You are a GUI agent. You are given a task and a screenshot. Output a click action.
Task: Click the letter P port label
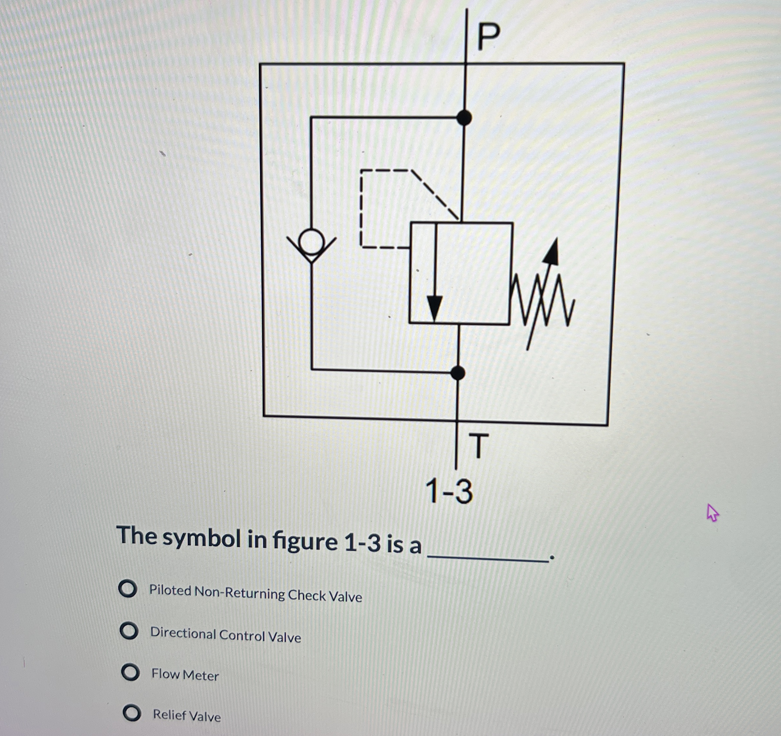[489, 36]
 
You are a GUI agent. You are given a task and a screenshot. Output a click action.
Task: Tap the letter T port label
[479, 446]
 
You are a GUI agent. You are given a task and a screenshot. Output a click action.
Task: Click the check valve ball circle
[311, 242]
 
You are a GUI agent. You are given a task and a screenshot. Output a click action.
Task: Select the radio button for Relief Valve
[132, 713]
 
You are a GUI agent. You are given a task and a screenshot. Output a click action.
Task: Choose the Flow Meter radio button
[130, 672]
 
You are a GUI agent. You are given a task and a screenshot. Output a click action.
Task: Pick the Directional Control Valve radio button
[129, 631]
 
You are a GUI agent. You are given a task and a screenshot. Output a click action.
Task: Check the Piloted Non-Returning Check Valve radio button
[128, 589]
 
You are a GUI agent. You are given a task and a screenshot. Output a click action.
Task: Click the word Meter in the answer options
[201, 676]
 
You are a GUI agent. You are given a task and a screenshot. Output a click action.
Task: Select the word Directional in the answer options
[183, 633]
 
